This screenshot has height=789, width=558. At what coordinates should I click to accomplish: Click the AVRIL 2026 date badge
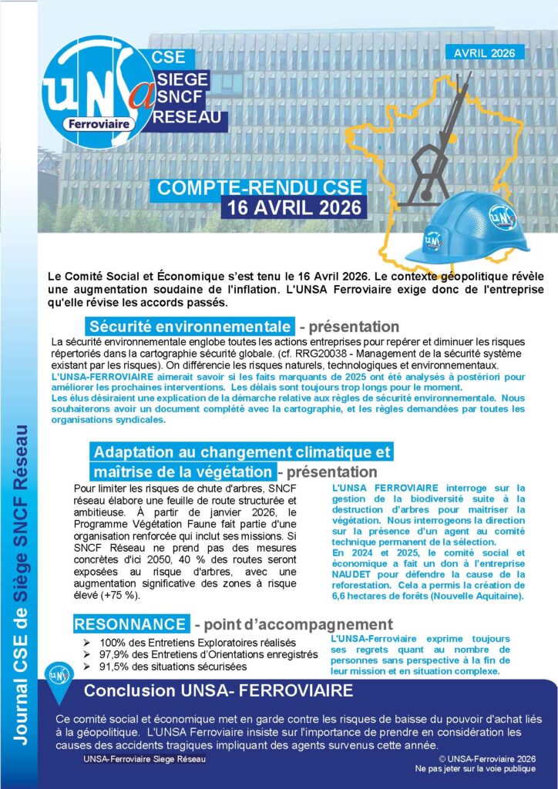pyautogui.click(x=485, y=52)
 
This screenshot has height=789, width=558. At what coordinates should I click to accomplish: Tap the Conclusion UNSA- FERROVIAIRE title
pyautogui.click(x=219, y=689)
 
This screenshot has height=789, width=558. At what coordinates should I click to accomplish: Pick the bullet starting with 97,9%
pyautogui.click(x=208, y=654)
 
